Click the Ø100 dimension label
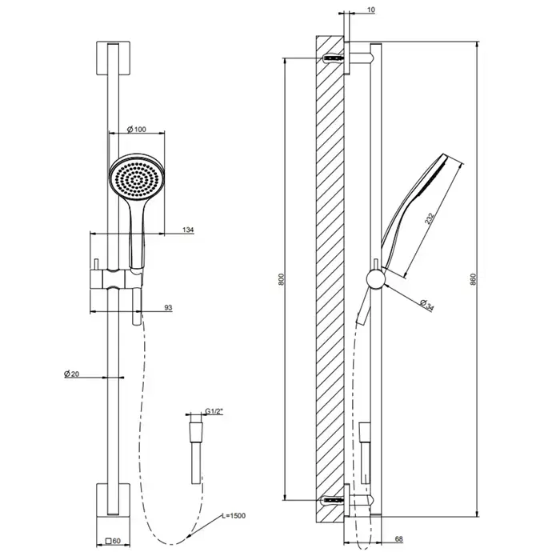click(137, 130)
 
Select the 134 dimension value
click(188, 230)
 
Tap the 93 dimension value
click(168, 307)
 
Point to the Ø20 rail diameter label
click(71, 374)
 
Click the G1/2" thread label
click(214, 411)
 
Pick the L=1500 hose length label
click(234, 516)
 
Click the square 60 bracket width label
click(114, 541)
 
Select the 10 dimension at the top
click(371, 10)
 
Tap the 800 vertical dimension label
click(282, 279)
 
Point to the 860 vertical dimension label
click(474, 279)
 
